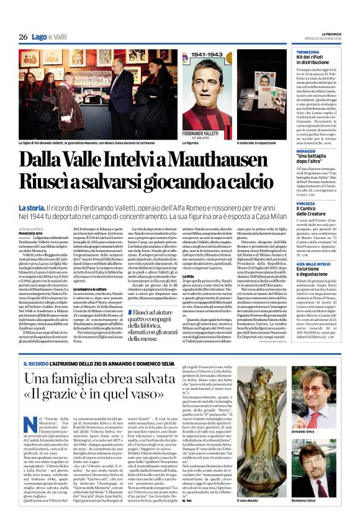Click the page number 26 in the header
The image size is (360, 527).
click(x=23, y=37)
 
